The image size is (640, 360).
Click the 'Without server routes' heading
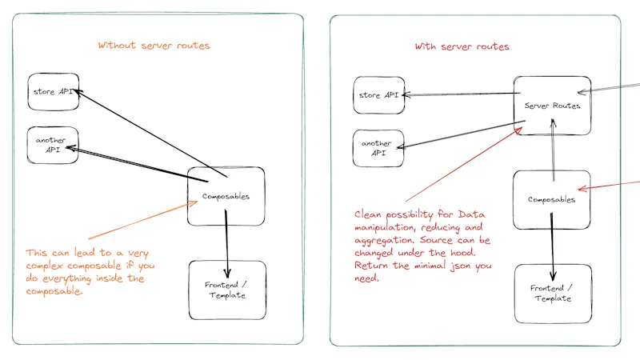pyautogui.click(x=154, y=46)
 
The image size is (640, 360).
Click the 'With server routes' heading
pyautogui.click(x=462, y=46)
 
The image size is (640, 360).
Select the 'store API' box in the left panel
pyautogui.click(x=54, y=92)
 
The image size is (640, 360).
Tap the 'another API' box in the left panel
pyautogui.click(x=53, y=145)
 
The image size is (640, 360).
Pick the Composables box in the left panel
pyautogui.click(x=226, y=196)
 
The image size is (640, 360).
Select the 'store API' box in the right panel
pyautogui.click(x=379, y=96)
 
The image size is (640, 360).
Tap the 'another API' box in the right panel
pyautogui.click(x=377, y=148)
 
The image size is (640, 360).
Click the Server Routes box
pyautogui.click(x=552, y=105)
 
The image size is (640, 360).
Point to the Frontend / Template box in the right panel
pyautogui.click(x=552, y=293)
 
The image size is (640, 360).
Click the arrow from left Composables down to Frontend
pyautogui.click(x=228, y=240)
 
